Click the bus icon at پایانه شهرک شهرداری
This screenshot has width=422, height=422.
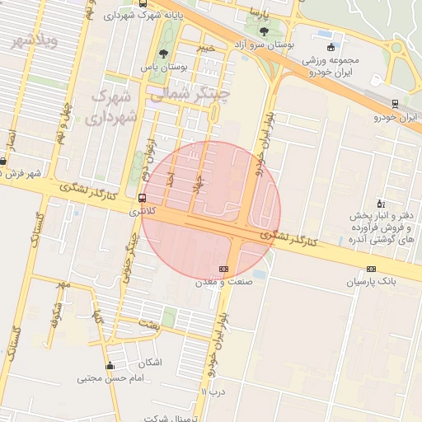coord(145,4)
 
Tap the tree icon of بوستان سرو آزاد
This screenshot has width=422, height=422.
coord(262,31)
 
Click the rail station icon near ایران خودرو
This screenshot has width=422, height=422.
coord(395,104)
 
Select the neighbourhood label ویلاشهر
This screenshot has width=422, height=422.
coord(31,40)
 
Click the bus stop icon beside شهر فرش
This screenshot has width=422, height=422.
coord(3,162)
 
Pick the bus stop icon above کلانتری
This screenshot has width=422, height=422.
coord(143,198)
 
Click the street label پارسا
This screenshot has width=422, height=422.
coord(261,13)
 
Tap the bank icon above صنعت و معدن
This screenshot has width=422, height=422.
coord(223,269)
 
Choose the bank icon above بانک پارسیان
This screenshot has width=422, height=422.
coord(371,269)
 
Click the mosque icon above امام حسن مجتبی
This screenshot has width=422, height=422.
coord(110,366)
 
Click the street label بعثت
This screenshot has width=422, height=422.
coord(150,325)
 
